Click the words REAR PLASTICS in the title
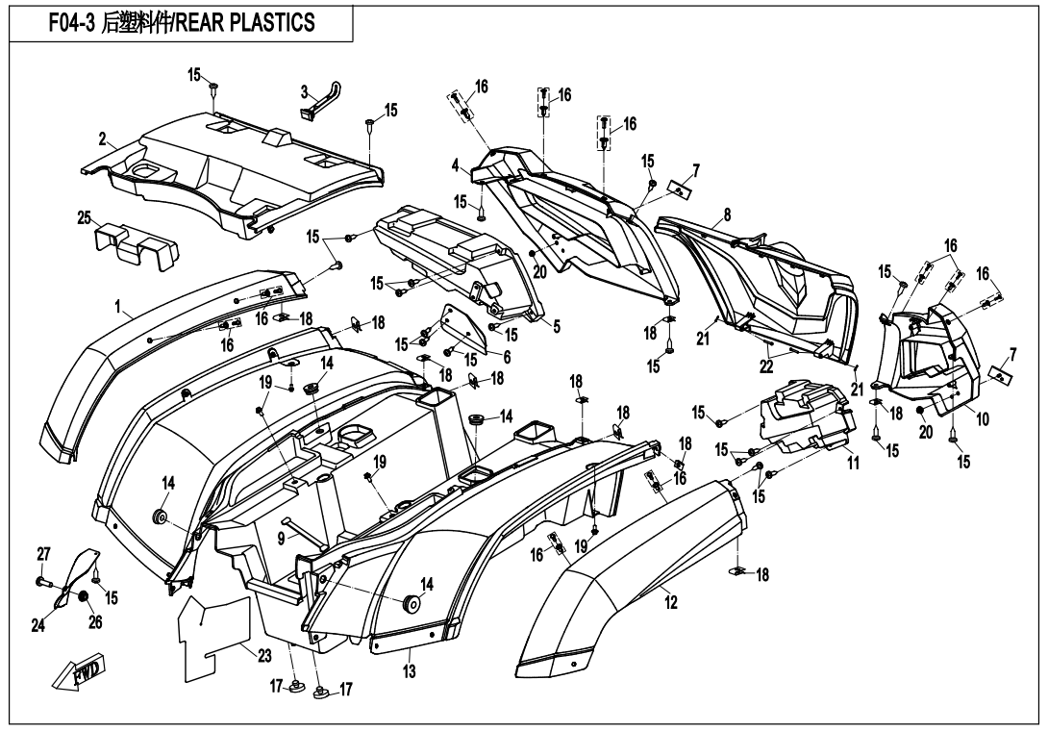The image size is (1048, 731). coord(262,22)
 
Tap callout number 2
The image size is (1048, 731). coord(102,140)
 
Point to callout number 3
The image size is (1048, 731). coord(304,92)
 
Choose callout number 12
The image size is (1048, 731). coord(670,603)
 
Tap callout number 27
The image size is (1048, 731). coord(43,553)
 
